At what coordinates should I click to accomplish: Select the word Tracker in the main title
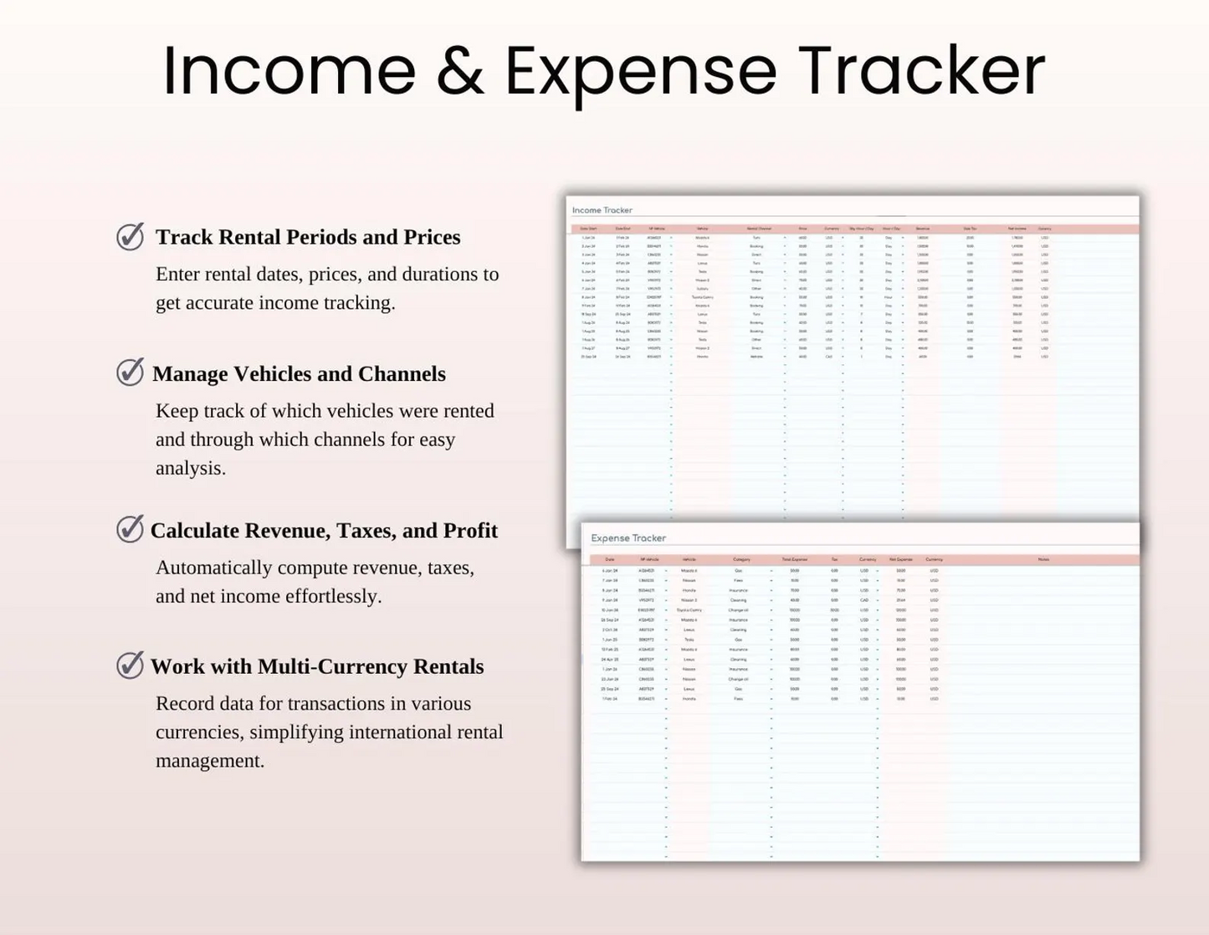coord(920,71)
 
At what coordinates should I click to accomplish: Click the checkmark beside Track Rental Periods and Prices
coord(131,237)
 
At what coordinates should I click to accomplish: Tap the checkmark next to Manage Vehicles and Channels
coord(131,372)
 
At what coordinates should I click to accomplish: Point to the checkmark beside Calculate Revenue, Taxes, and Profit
coord(131,529)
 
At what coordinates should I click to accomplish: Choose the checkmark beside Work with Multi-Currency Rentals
coord(131,665)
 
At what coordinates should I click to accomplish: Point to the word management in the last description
coord(210,761)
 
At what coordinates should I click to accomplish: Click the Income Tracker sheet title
coord(602,210)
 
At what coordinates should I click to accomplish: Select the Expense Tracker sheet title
coord(628,538)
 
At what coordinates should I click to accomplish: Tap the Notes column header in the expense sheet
coord(1043,559)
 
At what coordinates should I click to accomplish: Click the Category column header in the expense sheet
coord(741,559)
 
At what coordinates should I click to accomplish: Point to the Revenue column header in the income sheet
coord(923,229)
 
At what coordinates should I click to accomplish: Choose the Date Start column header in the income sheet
coord(589,229)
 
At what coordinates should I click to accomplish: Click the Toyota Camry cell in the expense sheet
coord(689,610)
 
